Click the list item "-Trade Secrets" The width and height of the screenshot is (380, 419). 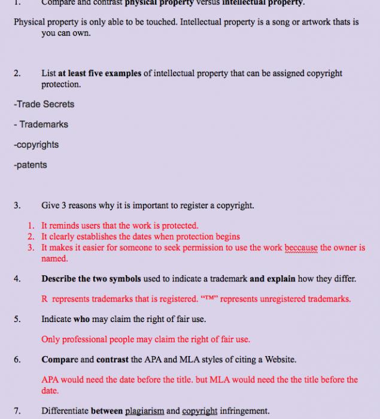[44, 104]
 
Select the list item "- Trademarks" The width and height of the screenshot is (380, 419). [41, 125]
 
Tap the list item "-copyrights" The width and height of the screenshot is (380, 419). [36, 145]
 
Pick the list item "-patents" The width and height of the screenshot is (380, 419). [30, 165]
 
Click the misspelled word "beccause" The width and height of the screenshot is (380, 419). [302, 248]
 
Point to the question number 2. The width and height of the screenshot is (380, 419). [17, 74]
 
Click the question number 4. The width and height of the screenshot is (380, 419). [17, 279]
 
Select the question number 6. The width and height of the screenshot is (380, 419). [17, 360]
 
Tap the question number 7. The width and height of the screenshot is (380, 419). [17, 411]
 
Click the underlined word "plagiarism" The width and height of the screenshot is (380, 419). [144, 411]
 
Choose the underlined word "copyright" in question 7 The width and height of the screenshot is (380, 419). [200, 411]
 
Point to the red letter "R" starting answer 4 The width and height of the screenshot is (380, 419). [44, 299]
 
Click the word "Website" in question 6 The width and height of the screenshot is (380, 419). [279, 360]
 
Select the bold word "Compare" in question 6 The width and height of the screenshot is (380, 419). [59, 360]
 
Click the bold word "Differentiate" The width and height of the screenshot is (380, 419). [65, 411]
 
